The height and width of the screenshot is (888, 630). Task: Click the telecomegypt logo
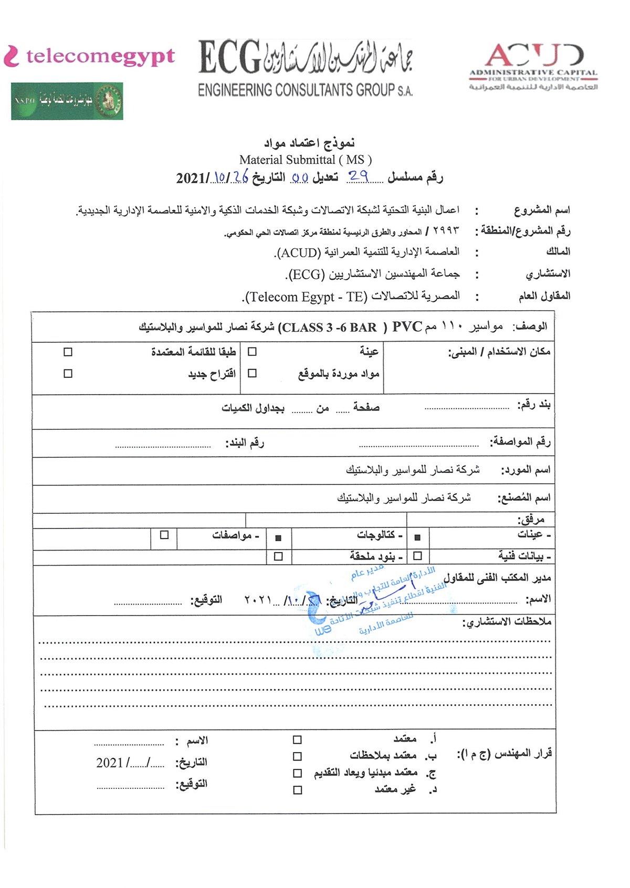click(89, 56)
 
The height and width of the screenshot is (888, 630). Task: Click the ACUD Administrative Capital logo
click(533, 66)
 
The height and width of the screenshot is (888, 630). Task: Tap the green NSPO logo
click(67, 101)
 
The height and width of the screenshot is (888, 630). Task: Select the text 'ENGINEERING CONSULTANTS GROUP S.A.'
click(305, 90)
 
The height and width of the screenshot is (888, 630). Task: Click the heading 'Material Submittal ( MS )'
click(306, 160)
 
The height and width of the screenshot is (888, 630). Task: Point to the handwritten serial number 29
click(358, 176)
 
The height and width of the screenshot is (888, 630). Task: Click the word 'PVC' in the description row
click(407, 327)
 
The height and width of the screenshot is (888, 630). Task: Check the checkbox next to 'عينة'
click(252, 352)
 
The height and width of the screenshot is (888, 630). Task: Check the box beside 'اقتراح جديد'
click(68, 374)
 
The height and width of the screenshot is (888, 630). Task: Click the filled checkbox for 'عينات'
click(418, 537)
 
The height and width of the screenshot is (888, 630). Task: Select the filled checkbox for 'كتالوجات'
click(278, 537)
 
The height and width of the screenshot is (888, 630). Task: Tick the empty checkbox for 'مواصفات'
click(164, 535)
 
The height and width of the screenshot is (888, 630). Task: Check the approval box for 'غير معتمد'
click(298, 790)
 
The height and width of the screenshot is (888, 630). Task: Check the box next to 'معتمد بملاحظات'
click(298, 756)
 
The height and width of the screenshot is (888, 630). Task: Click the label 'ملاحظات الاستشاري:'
click(507, 622)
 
